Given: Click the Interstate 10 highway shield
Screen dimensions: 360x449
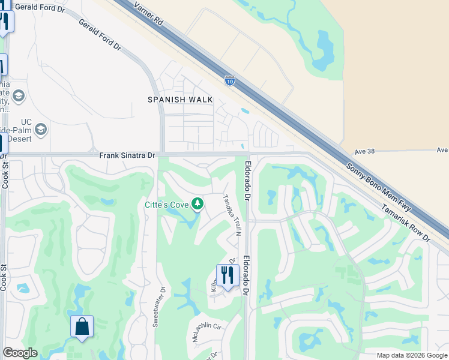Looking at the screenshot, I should (x=229, y=79).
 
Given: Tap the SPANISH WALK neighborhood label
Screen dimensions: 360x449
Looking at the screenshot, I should (x=181, y=100).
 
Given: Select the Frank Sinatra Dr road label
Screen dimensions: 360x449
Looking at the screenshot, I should (x=127, y=155).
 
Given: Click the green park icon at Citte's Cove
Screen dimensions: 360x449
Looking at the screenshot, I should (x=197, y=205).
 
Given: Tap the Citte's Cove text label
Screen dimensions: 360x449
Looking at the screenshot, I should (x=166, y=205).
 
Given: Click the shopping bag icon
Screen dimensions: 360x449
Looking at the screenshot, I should (x=82, y=327).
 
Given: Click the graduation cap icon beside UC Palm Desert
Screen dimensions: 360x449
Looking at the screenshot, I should (x=41, y=129).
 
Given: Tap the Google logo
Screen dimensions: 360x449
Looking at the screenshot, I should (x=20, y=353).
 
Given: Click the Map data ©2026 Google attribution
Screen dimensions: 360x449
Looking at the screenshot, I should (x=411, y=355).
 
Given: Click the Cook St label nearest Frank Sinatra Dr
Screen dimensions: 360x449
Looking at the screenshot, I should (x=5, y=175).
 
